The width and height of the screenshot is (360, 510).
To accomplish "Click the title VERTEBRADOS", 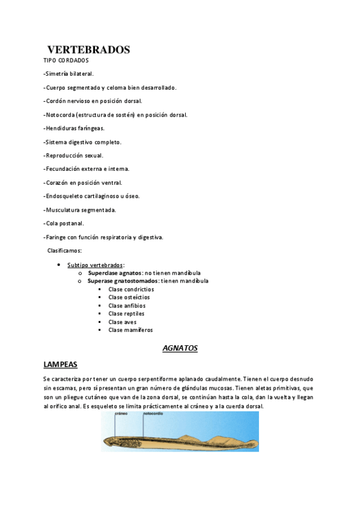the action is tap(88, 50).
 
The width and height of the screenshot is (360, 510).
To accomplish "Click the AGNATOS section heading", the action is tap(180, 348).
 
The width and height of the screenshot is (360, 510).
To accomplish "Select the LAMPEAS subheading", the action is tap(60, 364).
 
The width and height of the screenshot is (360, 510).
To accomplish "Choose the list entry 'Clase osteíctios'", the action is tap(129, 297).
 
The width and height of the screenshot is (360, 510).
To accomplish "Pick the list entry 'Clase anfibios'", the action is tap(126, 306).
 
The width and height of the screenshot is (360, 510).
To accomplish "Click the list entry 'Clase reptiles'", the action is tap(126, 313).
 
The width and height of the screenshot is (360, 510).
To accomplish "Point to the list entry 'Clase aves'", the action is tap(122, 322).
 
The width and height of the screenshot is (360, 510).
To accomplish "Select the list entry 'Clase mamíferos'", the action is tap(130, 330).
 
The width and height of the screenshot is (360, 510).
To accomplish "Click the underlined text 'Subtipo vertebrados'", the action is tap(95, 265).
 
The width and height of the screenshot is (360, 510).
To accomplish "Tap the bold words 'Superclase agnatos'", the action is tap(115, 272).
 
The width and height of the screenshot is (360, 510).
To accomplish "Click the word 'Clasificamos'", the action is tap(64, 250).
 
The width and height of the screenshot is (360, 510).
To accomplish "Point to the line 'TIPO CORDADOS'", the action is tap(66, 60).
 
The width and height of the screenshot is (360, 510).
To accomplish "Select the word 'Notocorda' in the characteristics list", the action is tap(61, 114).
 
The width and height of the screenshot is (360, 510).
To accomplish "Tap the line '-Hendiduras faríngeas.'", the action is tap(74, 128).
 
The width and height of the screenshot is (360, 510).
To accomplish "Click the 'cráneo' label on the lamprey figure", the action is tap(115, 413).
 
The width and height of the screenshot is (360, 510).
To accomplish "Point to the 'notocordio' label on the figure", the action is tap(153, 413).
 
